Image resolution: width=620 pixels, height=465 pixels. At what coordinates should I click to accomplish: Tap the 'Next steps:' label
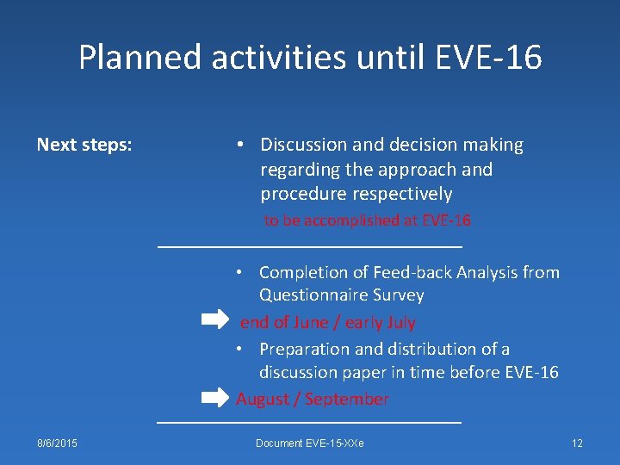84,145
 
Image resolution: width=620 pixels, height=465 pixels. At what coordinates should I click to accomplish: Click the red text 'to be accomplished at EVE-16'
368,220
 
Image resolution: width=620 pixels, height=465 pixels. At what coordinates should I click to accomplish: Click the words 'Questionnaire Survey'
341,295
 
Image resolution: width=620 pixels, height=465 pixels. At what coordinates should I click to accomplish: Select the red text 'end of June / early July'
328,322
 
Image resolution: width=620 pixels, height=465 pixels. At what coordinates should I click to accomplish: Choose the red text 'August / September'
313,399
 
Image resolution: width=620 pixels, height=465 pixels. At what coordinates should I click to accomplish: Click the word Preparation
307,349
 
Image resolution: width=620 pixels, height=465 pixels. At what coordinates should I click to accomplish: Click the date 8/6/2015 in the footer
57,443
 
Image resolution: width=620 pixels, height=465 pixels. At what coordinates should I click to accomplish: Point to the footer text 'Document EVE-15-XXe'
310,443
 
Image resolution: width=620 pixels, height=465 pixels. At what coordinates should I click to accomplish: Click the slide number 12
577,443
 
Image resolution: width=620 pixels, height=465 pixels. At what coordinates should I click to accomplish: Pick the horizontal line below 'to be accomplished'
311,248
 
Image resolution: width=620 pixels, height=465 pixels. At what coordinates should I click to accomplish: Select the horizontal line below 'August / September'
309,422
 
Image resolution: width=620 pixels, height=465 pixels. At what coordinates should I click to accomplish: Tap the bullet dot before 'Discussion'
242,145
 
